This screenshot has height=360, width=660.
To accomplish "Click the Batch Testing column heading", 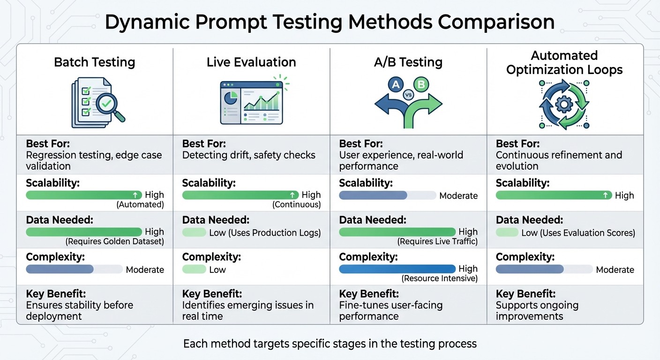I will pyautogui.click(x=94, y=62).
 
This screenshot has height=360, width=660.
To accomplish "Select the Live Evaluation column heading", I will pyautogui.click(x=251, y=62).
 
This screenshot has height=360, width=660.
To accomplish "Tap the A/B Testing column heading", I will pyautogui.click(x=408, y=62).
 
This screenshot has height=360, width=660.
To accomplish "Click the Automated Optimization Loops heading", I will pyautogui.click(x=564, y=63).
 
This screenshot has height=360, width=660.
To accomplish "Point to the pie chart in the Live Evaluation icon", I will pyautogui.click(x=230, y=98).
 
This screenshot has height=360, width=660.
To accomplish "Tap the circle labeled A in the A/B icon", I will pyautogui.click(x=396, y=85).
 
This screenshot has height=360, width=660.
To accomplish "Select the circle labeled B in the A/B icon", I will pyautogui.click(x=421, y=85).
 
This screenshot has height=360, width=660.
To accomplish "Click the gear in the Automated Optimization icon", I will pyautogui.click(x=564, y=104).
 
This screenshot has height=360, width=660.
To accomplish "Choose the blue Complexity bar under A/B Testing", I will pyautogui.click(x=397, y=269).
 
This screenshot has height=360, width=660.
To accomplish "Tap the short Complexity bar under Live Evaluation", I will pyautogui.click(x=194, y=270).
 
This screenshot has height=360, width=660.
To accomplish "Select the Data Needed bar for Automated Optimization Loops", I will pyautogui.click(x=506, y=232).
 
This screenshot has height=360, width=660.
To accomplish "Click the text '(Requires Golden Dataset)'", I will pyautogui.click(x=115, y=242).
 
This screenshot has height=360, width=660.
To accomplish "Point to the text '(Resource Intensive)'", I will pyautogui.click(x=439, y=278).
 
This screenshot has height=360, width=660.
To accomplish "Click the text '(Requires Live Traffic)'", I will pyautogui.click(x=437, y=242).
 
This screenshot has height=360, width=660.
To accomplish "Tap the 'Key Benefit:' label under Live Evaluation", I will pyautogui.click(x=212, y=294).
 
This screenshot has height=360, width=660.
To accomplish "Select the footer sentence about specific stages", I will pyautogui.click(x=330, y=344).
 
